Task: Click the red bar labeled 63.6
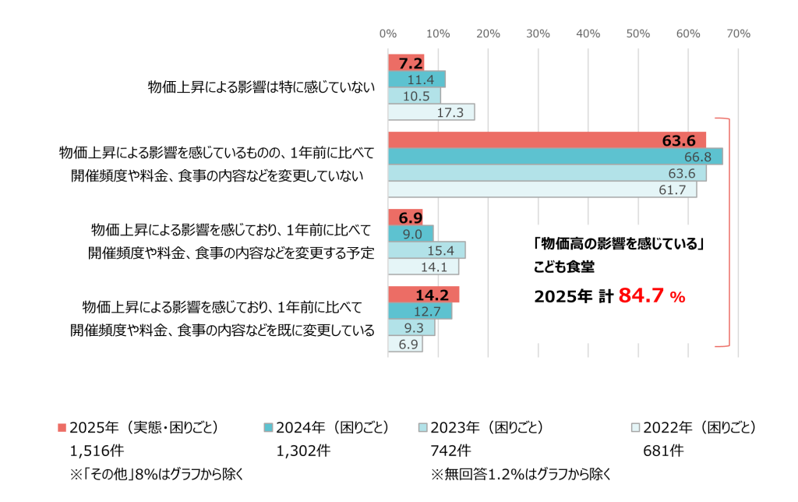(x=546, y=140)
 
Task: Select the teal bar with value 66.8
(x=554, y=156)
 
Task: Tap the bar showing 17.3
(x=430, y=112)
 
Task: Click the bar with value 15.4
(x=425, y=250)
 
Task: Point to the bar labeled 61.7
(x=542, y=189)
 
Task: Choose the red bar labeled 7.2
(x=405, y=62)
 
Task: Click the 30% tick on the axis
(x=538, y=34)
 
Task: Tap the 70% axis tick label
(x=738, y=34)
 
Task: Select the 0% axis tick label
(x=387, y=34)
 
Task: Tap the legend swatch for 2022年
(x=635, y=428)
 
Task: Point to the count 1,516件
(x=97, y=451)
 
